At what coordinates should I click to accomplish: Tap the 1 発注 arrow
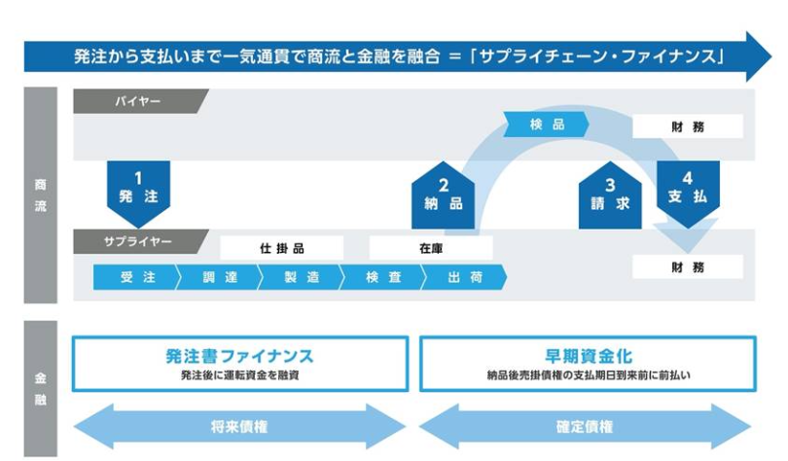(138, 187)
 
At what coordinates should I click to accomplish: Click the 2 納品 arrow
(444, 193)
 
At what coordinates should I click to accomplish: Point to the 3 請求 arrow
(610, 193)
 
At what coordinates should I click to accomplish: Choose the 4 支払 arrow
(688, 187)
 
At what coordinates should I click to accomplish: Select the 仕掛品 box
(281, 248)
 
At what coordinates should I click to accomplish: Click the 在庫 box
(431, 248)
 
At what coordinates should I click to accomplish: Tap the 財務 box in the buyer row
(687, 126)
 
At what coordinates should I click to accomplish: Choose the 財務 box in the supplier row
(687, 266)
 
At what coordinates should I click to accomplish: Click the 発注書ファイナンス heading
(239, 356)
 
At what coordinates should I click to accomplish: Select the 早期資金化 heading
(587, 356)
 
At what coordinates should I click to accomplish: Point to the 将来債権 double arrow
(239, 425)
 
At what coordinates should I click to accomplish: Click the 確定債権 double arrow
(587, 425)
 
